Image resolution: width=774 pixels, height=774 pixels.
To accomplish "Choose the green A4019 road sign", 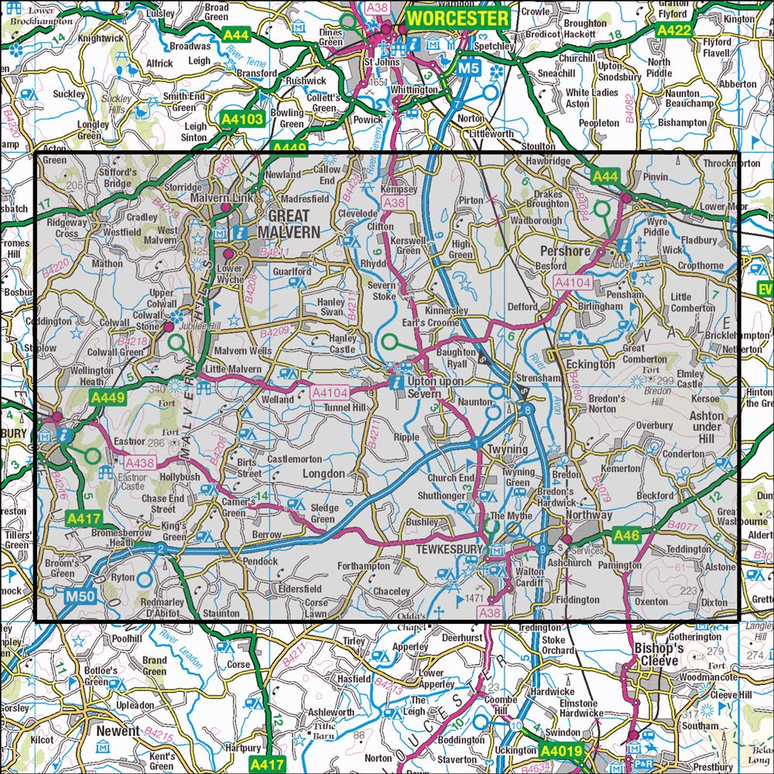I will click(x=560, y=751).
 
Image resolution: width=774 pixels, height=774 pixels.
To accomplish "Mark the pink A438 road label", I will click(x=140, y=463).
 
